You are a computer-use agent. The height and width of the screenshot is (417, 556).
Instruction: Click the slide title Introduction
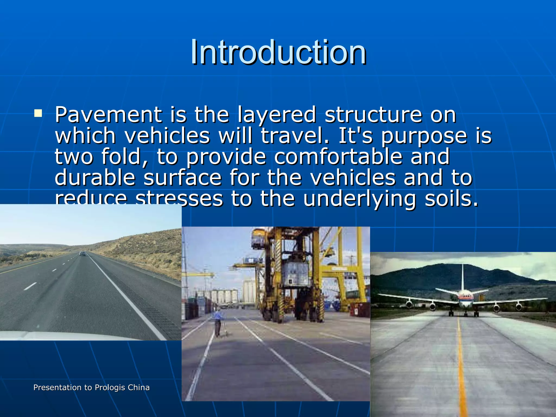click(278, 52)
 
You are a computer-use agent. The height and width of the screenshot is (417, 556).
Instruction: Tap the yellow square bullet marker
click(38, 113)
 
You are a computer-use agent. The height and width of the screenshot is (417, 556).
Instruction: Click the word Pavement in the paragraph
click(108, 115)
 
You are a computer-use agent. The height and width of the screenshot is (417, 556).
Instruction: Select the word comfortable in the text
click(338, 157)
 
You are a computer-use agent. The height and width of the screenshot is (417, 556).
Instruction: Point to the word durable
click(95, 178)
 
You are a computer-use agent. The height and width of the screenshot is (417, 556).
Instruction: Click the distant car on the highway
click(82, 254)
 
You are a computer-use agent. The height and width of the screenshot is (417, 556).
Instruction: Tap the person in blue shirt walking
click(217, 323)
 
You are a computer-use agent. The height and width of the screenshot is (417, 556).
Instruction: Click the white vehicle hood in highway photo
click(68, 336)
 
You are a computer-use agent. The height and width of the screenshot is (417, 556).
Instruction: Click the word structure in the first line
click(373, 115)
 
